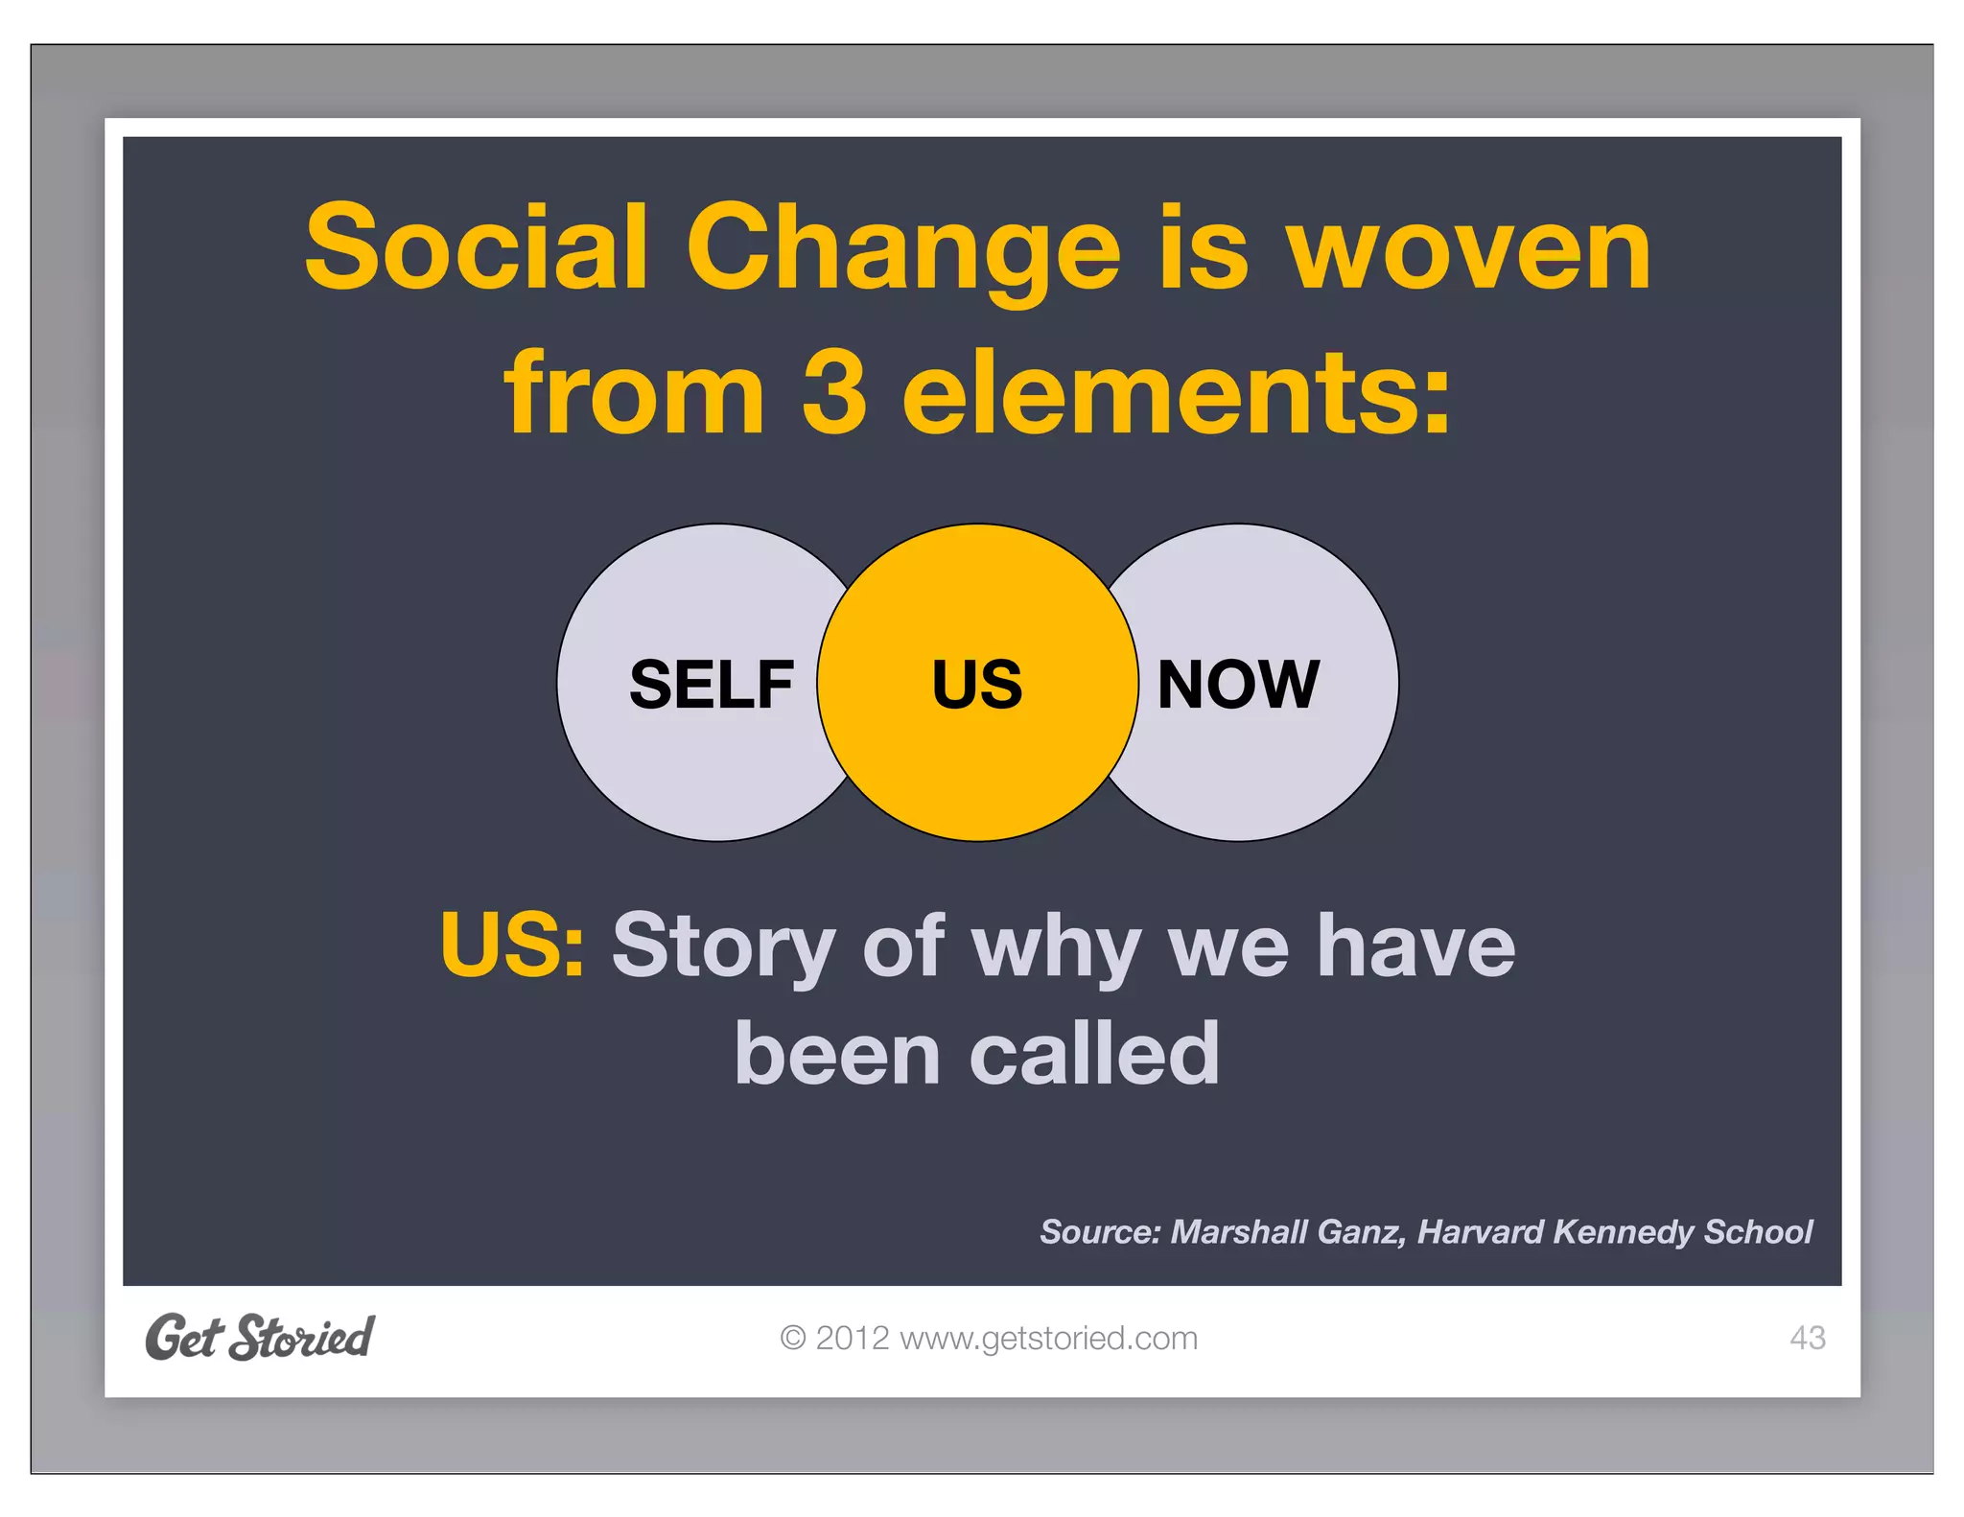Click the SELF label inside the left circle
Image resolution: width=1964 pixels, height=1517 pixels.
tap(711, 685)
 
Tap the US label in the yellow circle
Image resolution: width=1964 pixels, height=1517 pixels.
tap(977, 685)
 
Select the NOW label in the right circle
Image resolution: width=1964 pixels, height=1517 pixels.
tap(1238, 685)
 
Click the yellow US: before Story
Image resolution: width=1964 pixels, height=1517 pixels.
tap(512, 945)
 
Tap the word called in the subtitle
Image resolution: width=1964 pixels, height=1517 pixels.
tap(1094, 1054)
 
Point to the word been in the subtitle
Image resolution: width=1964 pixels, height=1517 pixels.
tap(837, 1054)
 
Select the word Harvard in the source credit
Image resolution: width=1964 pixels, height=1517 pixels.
tap(1480, 1231)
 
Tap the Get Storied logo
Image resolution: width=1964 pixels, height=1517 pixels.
tap(259, 1337)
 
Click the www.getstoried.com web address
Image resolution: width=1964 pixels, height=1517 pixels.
tap(1048, 1338)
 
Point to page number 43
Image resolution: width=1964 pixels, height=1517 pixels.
tap(1807, 1338)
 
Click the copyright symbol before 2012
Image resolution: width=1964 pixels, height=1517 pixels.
tap(792, 1338)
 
